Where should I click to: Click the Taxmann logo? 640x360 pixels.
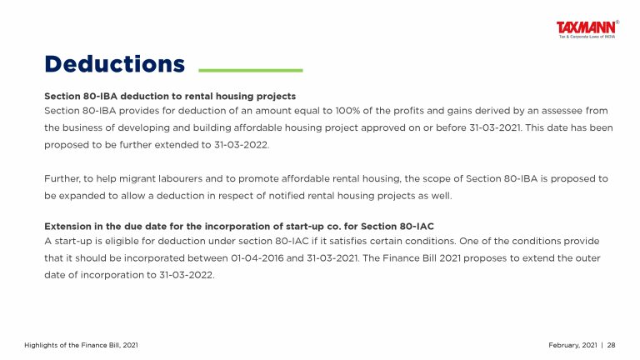pyautogui.click(x=587, y=29)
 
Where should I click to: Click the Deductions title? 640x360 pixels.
pyautogui.click(x=115, y=64)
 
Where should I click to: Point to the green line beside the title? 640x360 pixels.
pyautogui.click(x=251, y=70)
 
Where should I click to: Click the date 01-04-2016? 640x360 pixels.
pyautogui.click(x=257, y=258)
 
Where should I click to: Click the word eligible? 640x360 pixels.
pyautogui.click(x=120, y=241)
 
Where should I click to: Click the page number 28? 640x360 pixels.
pyautogui.click(x=611, y=345)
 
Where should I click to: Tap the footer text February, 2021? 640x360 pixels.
pyautogui.click(x=573, y=345)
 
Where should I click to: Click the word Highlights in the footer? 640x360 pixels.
pyautogui.click(x=41, y=345)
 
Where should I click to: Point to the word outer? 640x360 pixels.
pyautogui.click(x=587, y=258)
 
